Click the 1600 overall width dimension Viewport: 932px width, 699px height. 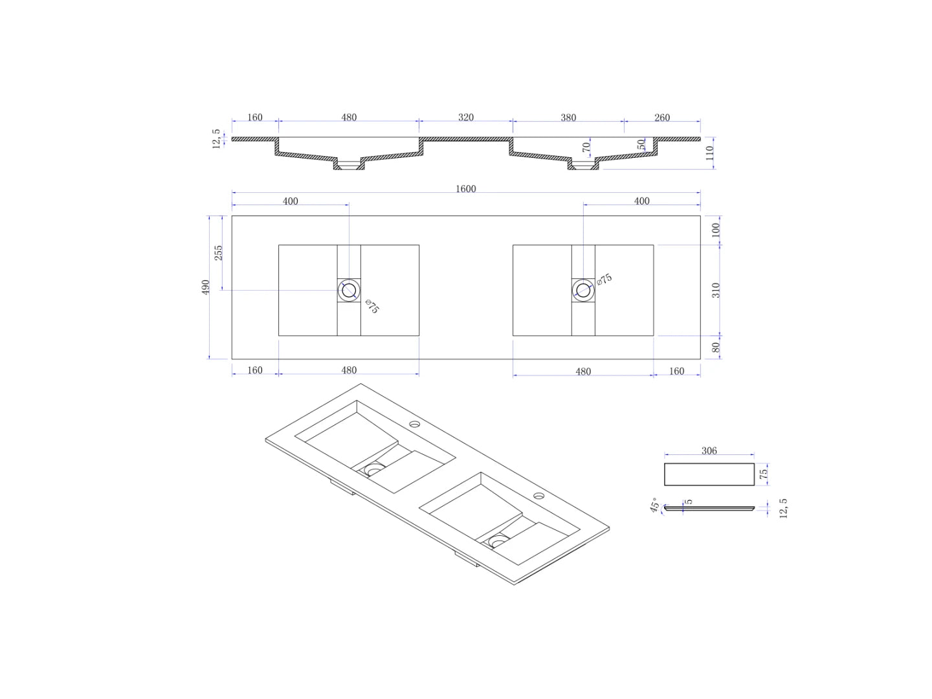pyautogui.click(x=465, y=189)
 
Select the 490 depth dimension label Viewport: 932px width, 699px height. pyautogui.click(x=206, y=287)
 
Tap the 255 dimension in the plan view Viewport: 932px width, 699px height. pyautogui.click(x=219, y=252)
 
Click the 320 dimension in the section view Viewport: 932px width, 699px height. pyautogui.click(x=465, y=118)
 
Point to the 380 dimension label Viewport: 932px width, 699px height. pyautogui.click(x=568, y=118)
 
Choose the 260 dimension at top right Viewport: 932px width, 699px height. pyautogui.click(x=661, y=118)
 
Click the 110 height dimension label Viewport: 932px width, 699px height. pyautogui.click(x=710, y=153)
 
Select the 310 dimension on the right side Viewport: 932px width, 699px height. pyautogui.click(x=716, y=290)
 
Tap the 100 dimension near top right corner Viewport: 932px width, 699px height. pyautogui.click(x=716, y=230)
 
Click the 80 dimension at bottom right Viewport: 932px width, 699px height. pyautogui.click(x=716, y=348)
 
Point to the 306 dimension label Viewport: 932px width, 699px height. pyautogui.click(x=709, y=451)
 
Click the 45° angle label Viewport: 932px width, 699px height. pyautogui.click(x=654, y=505)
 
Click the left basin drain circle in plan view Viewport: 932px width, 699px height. pyautogui.click(x=349, y=290)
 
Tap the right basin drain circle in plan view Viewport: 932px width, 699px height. pyautogui.click(x=583, y=290)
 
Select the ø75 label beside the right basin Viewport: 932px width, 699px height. pyautogui.click(x=604, y=280)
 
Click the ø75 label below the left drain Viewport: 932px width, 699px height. pyautogui.click(x=372, y=307)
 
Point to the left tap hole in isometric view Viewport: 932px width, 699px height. pyautogui.click(x=414, y=425)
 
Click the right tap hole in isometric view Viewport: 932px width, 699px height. pyautogui.click(x=538, y=496)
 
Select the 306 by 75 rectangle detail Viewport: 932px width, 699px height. pyautogui.click(x=709, y=474)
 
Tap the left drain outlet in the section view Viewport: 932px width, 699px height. pyautogui.click(x=349, y=166)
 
